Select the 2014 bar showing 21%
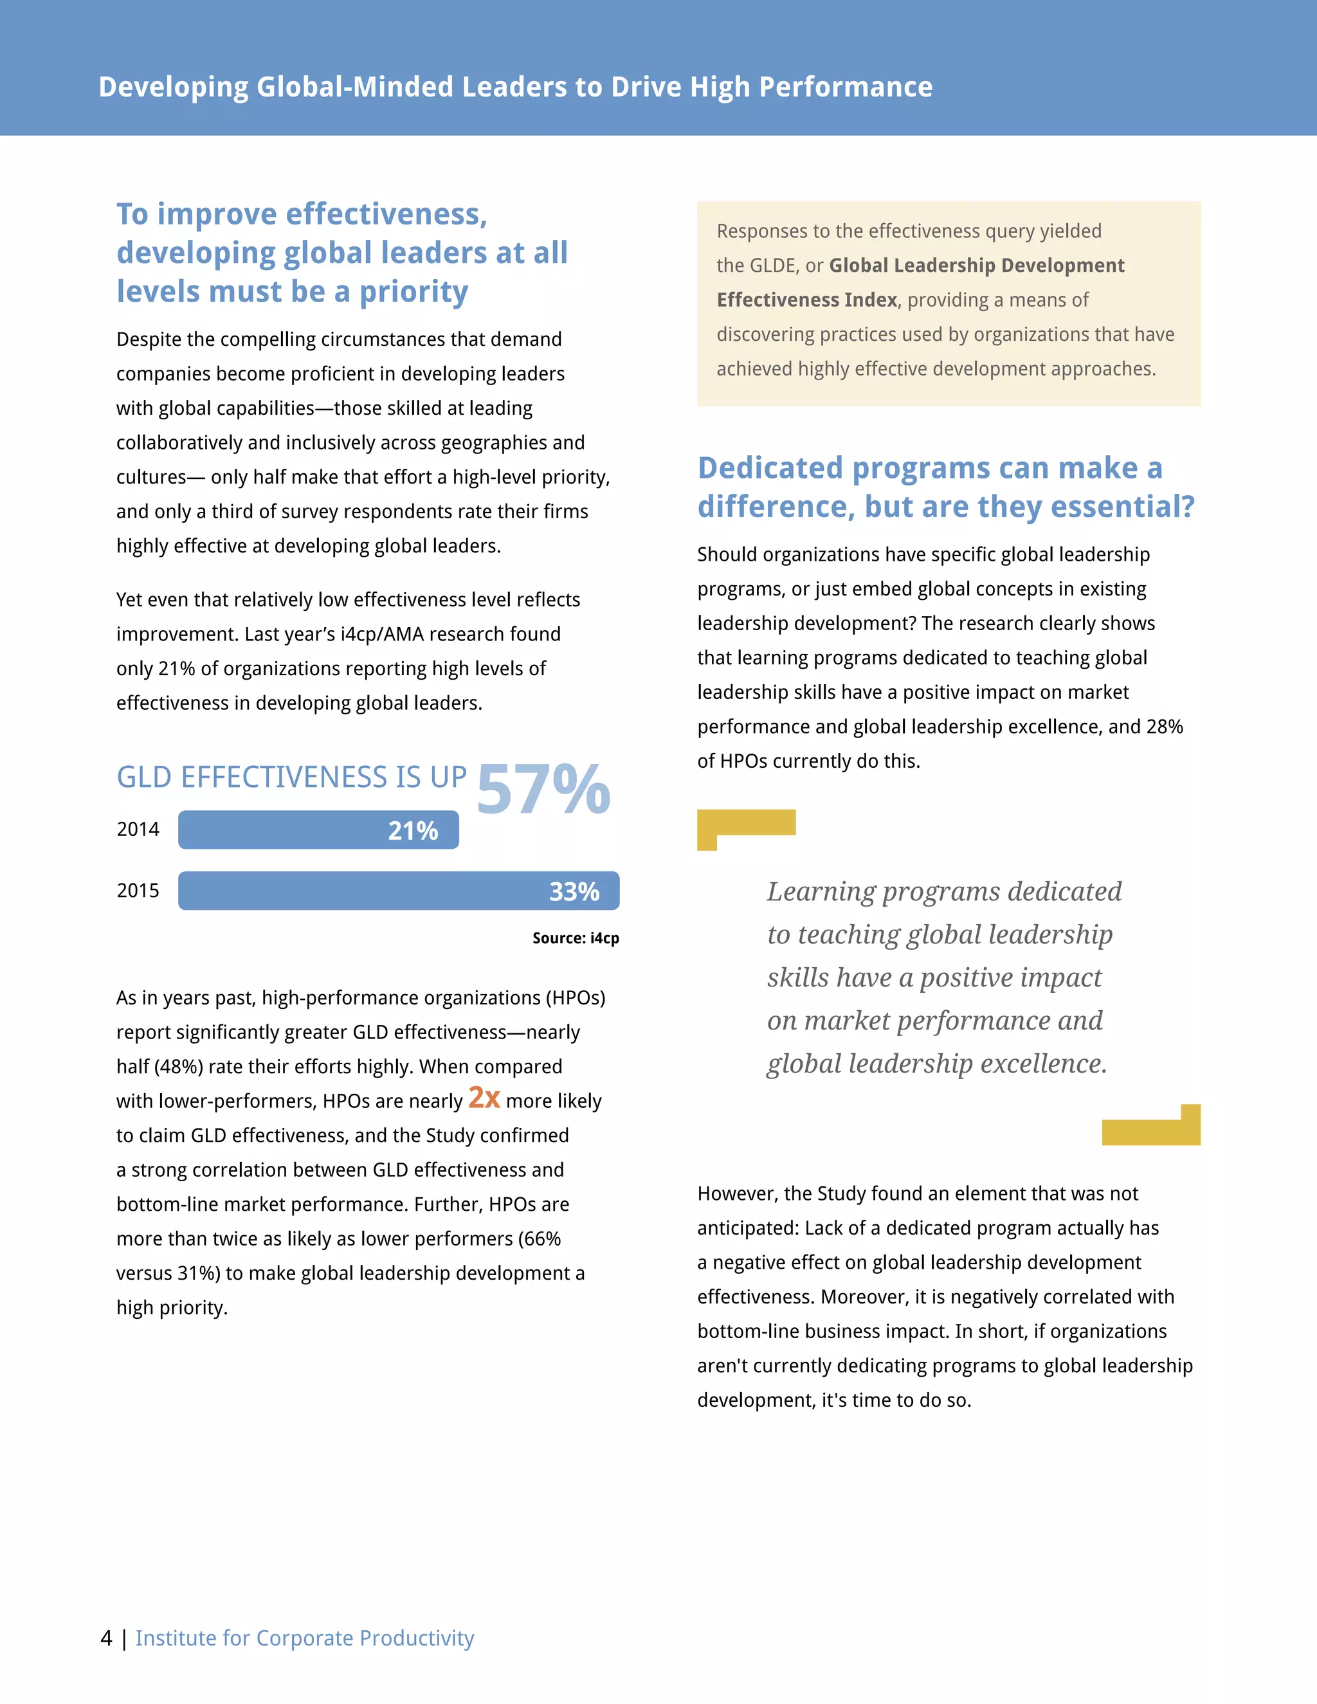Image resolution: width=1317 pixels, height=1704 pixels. [318, 830]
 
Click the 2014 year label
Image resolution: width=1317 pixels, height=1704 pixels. [138, 829]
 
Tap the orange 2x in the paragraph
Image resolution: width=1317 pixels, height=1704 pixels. [484, 1098]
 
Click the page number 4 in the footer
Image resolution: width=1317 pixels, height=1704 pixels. [107, 1638]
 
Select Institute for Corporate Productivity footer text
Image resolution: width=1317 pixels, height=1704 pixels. [304, 1638]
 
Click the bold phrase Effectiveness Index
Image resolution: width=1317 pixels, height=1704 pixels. [807, 300]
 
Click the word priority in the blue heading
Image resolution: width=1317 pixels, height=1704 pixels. [413, 293]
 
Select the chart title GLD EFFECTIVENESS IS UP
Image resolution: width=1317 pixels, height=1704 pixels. [292, 778]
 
